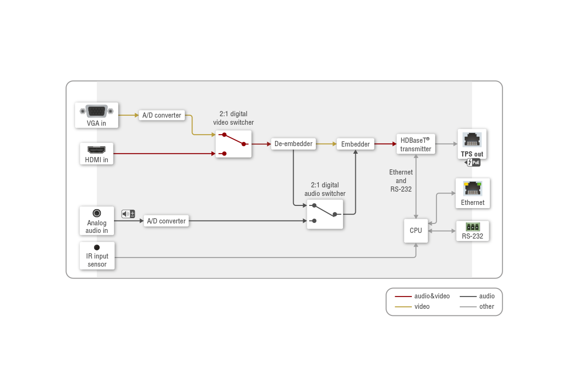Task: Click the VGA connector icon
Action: [96, 111]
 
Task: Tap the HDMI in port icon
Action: [96, 150]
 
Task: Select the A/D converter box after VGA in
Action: [162, 115]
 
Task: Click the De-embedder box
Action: [294, 144]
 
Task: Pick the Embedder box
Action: [355, 144]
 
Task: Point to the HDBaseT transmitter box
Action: [416, 144]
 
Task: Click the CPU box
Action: [416, 231]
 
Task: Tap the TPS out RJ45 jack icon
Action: [472, 139]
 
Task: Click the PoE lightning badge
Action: [473, 162]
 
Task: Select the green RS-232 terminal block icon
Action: [473, 227]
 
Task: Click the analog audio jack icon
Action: [97, 213]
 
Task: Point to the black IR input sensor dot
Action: [97, 247]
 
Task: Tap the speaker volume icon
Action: [128, 214]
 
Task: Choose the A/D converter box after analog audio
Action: [166, 221]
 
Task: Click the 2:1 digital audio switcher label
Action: [325, 189]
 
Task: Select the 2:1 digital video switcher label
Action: [233, 118]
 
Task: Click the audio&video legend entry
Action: [422, 296]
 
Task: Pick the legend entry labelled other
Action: [477, 306]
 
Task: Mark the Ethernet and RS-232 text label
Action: [401, 181]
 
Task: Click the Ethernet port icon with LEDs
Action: [473, 189]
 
